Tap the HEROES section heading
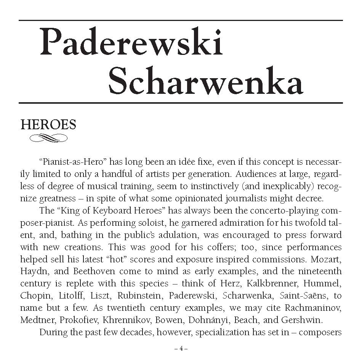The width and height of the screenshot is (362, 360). pyautogui.click(x=48, y=125)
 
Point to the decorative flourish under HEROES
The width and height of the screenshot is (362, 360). pyautogui.click(x=48, y=138)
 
